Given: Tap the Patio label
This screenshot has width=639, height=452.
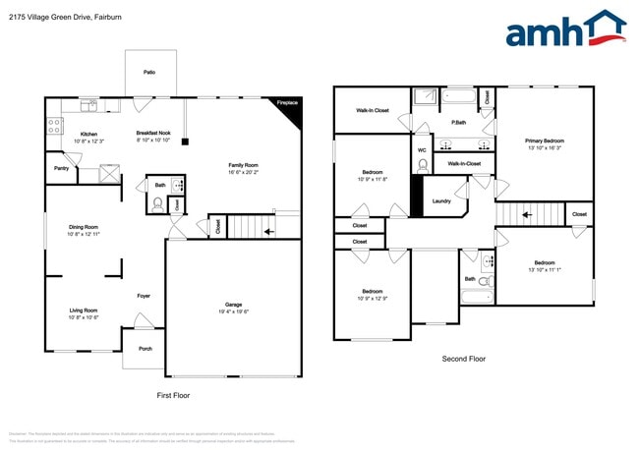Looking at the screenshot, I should coord(149,72).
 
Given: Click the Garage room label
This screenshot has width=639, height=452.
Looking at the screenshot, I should coord(234,307).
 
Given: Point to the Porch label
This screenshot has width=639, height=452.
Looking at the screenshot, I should coord(145,349).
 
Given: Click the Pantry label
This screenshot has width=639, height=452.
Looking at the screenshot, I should coord(60,168).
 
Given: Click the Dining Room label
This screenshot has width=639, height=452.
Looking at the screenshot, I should coord(84,228).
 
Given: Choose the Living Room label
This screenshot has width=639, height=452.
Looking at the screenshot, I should coord(84,312).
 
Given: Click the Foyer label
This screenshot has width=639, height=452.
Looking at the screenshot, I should coord(144,295).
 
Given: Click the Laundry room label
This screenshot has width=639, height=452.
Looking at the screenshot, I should coord(442,201).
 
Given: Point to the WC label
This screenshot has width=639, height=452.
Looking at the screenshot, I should coord(422,150).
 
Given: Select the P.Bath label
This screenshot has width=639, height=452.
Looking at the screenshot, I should coord(458,122).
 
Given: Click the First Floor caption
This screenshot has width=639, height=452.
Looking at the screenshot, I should coord(174,395).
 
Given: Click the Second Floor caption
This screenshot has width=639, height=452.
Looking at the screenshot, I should coord(464,359).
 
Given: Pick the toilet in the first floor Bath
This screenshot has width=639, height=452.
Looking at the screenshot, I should coord(158,204).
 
